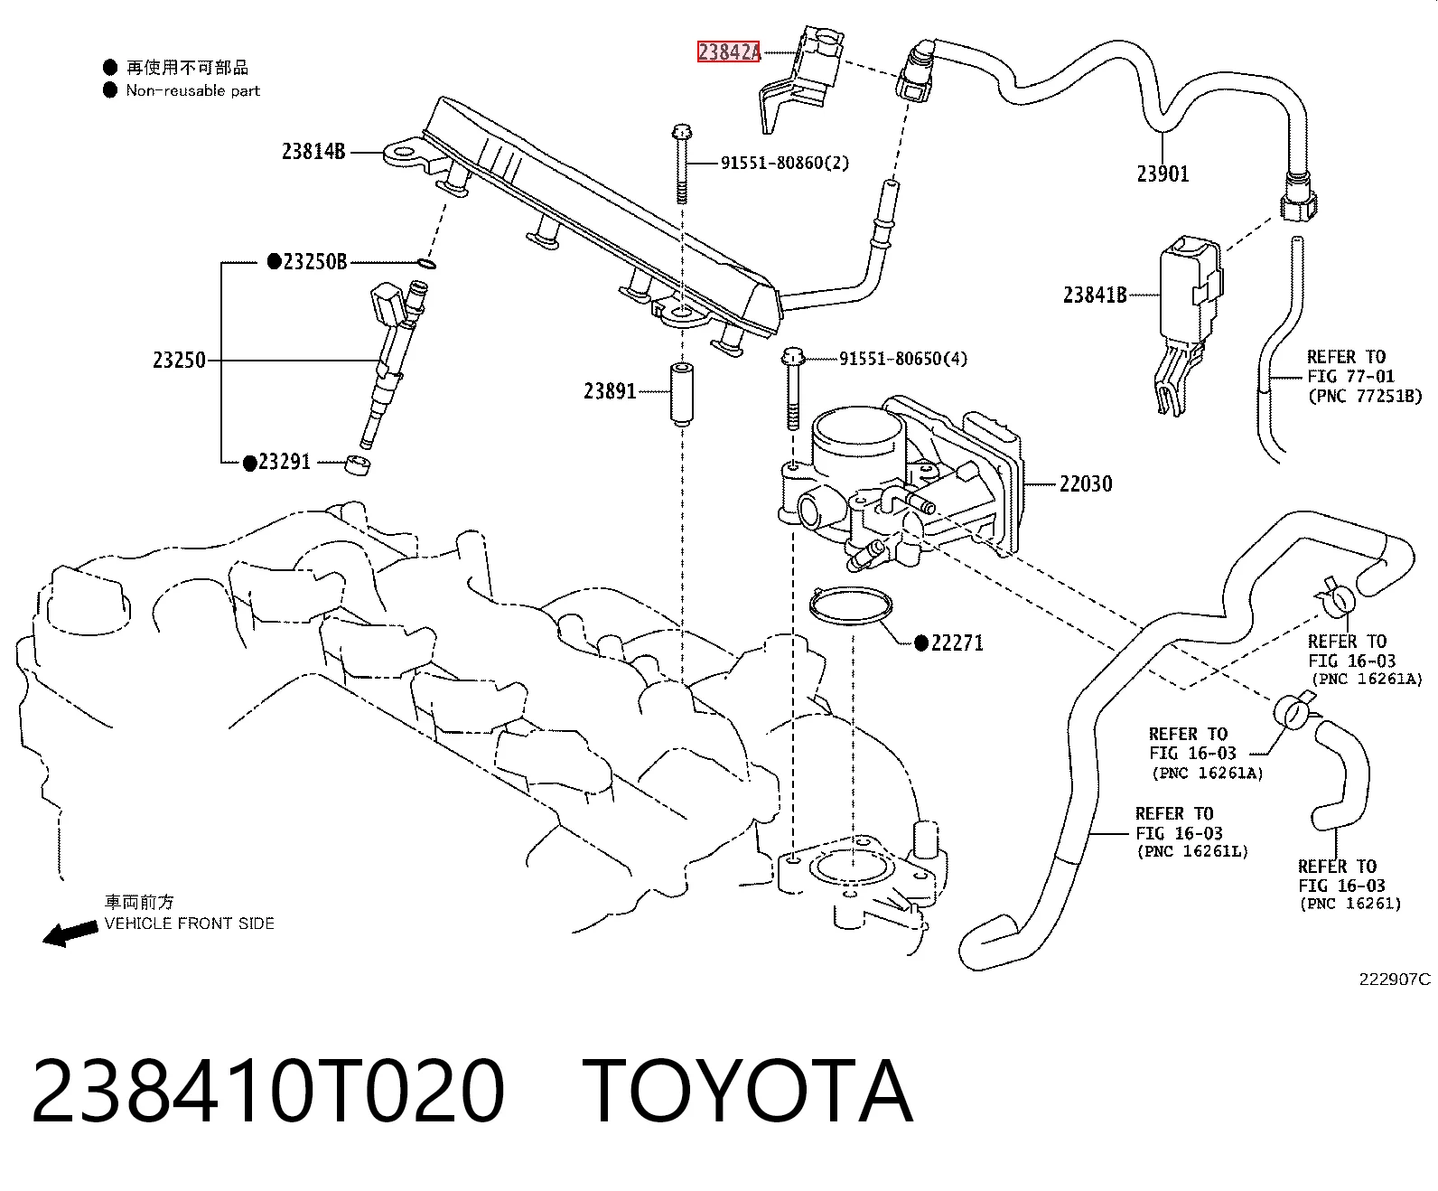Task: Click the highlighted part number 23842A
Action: point(729,52)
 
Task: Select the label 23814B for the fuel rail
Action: point(313,151)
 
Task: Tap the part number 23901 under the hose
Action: point(1163,173)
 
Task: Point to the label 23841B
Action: point(1095,295)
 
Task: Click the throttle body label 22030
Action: point(1086,483)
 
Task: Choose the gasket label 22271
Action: point(957,643)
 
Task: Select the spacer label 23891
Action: point(611,391)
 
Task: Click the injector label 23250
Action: point(179,360)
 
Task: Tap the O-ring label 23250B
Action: point(314,262)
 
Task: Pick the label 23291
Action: point(285,462)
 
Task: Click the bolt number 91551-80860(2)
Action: point(785,164)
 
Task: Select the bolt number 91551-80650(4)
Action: point(903,359)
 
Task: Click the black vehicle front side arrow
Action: point(70,934)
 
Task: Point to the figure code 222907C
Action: point(1395,980)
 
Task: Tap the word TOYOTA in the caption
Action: point(747,1092)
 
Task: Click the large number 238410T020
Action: point(268,1092)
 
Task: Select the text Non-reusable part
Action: point(192,90)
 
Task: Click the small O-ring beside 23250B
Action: point(426,263)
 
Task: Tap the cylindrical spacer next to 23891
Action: point(682,394)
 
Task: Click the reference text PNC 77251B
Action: point(1365,397)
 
